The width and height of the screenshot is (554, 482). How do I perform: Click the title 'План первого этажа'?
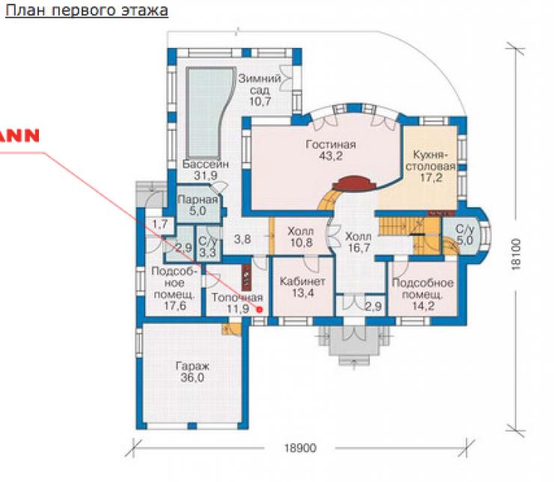[x=87, y=10]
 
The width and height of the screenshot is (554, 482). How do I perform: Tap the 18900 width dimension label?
[x=300, y=448]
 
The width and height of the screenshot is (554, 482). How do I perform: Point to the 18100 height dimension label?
[x=517, y=254]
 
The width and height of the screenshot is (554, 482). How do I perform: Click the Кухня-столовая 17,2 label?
[x=430, y=166]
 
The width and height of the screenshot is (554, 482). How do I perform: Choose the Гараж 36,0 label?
[x=192, y=372]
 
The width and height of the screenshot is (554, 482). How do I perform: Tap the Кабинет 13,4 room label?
[x=302, y=287]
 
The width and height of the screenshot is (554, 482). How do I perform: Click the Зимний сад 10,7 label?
[x=260, y=90]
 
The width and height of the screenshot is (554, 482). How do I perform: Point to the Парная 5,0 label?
[x=198, y=205]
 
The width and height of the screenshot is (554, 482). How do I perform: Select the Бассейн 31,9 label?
[x=206, y=170]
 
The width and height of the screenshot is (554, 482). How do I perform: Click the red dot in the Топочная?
[x=260, y=310]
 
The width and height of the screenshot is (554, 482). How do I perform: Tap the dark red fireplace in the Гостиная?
[x=353, y=183]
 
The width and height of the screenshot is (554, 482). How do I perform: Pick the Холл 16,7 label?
[x=359, y=242]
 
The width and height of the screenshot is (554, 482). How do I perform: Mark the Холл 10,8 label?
[x=301, y=237]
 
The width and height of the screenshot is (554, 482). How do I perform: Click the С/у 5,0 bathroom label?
[x=464, y=235]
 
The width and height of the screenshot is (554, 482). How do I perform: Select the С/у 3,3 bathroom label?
[x=207, y=247]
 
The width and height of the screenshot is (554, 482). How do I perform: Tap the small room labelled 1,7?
[x=159, y=224]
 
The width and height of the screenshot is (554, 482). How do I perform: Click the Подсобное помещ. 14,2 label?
[x=422, y=294]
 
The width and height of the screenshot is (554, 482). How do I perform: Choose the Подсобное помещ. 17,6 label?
[x=174, y=288]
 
